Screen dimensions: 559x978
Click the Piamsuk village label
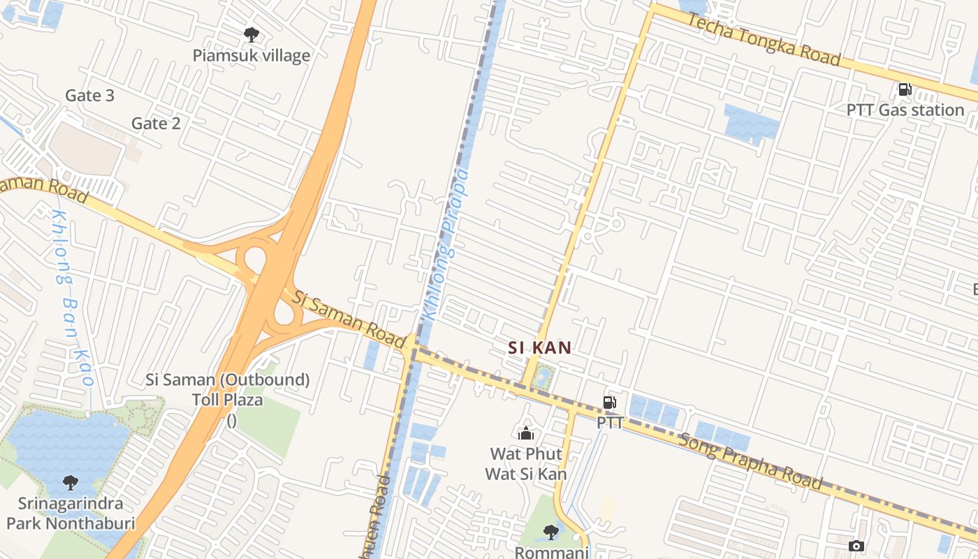click(251, 55)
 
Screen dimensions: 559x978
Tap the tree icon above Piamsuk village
click(251, 34)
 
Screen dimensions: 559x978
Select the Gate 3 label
click(89, 95)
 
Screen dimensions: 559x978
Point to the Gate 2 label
click(156, 124)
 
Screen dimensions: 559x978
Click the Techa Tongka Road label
click(764, 39)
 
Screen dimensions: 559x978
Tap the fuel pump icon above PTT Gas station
click(905, 89)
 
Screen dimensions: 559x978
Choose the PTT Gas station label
click(905, 110)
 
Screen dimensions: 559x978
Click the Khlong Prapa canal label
click(445, 245)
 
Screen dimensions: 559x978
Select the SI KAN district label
click(539, 347)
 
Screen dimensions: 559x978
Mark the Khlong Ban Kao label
click(73, 297)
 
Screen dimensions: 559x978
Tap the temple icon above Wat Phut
click(526, 434)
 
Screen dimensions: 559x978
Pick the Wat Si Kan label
click(526, 474)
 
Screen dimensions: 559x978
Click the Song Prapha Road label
click(751, 460)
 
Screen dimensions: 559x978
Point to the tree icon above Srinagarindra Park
click(70, 482)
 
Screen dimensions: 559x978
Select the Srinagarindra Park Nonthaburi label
click(70, 513)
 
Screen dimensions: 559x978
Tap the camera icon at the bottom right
click(856, 546)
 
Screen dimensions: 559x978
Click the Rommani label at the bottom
click(552, 552)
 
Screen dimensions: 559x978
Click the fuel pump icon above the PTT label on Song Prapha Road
click(610, 402)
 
